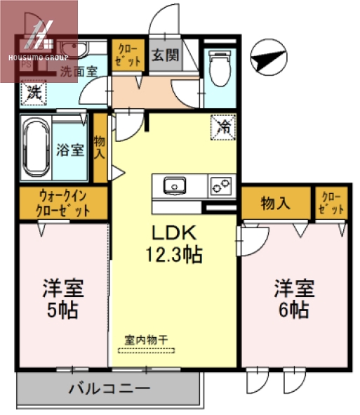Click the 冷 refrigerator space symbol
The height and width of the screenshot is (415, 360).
coord(224,128)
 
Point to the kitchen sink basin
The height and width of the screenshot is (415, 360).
coord(173,186)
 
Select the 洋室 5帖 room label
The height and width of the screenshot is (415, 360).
coord(63,298)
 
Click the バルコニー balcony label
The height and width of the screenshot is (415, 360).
coord(109,388)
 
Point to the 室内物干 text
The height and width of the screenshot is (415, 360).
coord(146,341)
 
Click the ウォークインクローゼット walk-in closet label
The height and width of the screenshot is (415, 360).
coord(63,204)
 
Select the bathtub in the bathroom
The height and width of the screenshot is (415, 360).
coord(34,150)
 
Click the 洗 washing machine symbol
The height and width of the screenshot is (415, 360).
coord(32,91)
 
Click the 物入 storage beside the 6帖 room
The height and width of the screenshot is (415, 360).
coord(275,204)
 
